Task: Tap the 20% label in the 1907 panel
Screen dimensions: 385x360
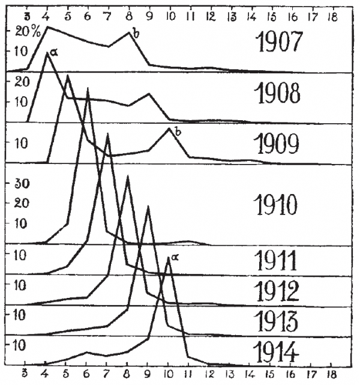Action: (x=28, y=32)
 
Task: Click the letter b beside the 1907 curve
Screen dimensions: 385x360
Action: (x=136, y=34)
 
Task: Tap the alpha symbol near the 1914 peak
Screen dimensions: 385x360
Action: (x=175, y=257)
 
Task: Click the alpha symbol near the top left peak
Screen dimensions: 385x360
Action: (x=54, y=53)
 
